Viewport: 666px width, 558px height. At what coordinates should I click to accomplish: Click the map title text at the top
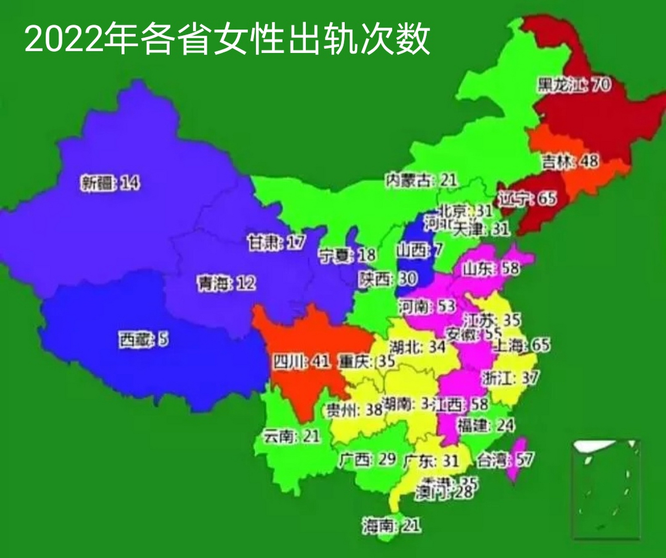click(x=227, y=39)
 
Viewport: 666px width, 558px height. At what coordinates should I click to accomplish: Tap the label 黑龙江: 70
click(x=573, y=85)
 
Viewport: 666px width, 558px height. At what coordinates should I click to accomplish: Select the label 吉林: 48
click(x=570, y=161)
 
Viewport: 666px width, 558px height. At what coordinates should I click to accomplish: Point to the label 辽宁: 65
click(x=527, y=199)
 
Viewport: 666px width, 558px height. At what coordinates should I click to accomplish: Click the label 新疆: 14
click(x=110, y=183)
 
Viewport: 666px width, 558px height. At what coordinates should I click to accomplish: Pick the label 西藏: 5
click(x=143, y=339)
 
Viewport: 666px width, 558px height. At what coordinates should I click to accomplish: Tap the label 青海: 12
click(x=226, y=283)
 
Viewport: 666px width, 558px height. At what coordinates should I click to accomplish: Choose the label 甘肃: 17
click(x=276, y=242)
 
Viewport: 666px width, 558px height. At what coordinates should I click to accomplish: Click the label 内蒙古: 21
click(x=421, y=180)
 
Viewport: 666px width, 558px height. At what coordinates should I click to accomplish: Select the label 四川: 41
click(x=301, y=361)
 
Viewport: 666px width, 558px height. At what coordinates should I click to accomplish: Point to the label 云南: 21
click(x=292, y=436)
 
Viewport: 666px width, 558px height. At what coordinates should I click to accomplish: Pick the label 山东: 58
click(x=491, y=268)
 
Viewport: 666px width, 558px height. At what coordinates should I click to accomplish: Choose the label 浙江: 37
click(x=510, y=378)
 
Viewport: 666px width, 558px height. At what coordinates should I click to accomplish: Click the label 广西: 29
click(x=367, y=459)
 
